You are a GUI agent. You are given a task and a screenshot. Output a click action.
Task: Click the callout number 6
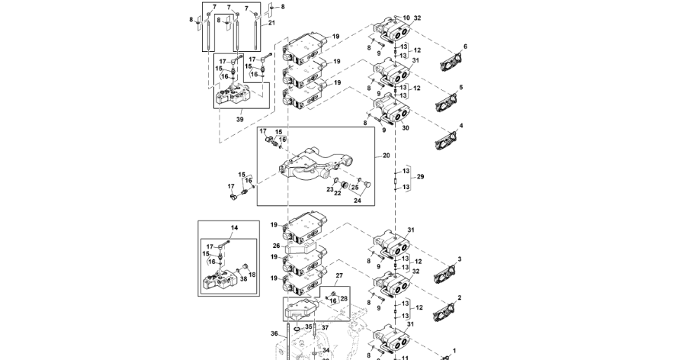coord(465,47)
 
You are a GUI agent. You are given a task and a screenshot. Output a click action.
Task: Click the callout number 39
coord(239,120)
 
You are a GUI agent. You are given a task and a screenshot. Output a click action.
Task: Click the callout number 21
coord(271,24)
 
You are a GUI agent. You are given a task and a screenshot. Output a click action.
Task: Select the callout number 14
coord(234,228)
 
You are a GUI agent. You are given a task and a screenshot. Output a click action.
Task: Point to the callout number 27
coord(341,275)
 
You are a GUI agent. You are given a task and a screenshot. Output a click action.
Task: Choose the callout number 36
coord(274,333)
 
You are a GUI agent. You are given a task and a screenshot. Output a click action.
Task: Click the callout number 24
coord(357,201)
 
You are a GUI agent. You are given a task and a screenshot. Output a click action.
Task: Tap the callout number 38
coord(243,279)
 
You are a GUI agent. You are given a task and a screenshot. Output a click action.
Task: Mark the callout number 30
coord(406,128)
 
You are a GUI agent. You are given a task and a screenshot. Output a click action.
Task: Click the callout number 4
coord(460,125)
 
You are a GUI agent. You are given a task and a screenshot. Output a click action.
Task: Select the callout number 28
coord(343,299)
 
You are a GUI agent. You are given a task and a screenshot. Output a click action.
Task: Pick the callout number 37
coord(324,328)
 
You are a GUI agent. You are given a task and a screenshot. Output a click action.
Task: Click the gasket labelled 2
coord(444,311)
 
